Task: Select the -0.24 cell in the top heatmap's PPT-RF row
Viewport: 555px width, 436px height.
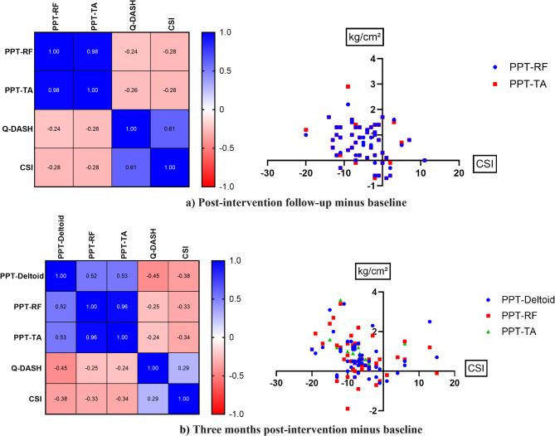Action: pyautogui.click(x=131, y=51)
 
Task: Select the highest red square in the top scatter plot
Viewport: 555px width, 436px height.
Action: pyautogui.click(x=348, y=86)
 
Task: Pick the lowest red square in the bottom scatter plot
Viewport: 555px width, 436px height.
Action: pyautogui.click(x=348, y=409)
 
